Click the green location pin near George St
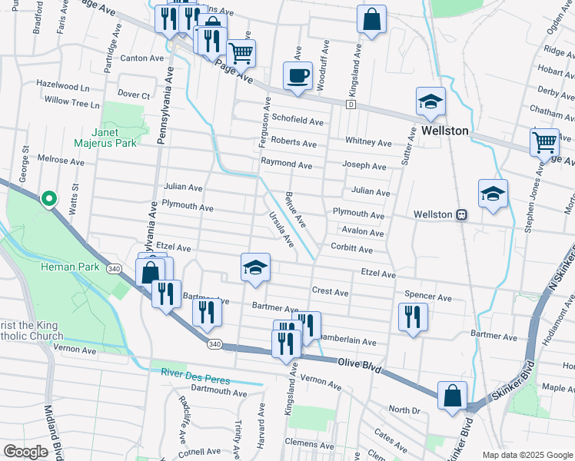point(48,199)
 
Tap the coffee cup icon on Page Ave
point(297,76)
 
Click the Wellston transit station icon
point(462,215)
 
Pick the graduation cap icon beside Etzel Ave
point(255,267)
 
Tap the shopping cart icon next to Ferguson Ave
point(241,53)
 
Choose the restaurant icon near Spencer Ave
point(413,317)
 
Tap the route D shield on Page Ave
point(351,104)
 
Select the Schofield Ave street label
point(297,121)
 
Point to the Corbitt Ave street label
point(351,250)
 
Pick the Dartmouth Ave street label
point(218,393)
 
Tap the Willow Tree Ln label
point(72,101)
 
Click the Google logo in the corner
point(25,452)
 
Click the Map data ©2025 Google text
point(527,455)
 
